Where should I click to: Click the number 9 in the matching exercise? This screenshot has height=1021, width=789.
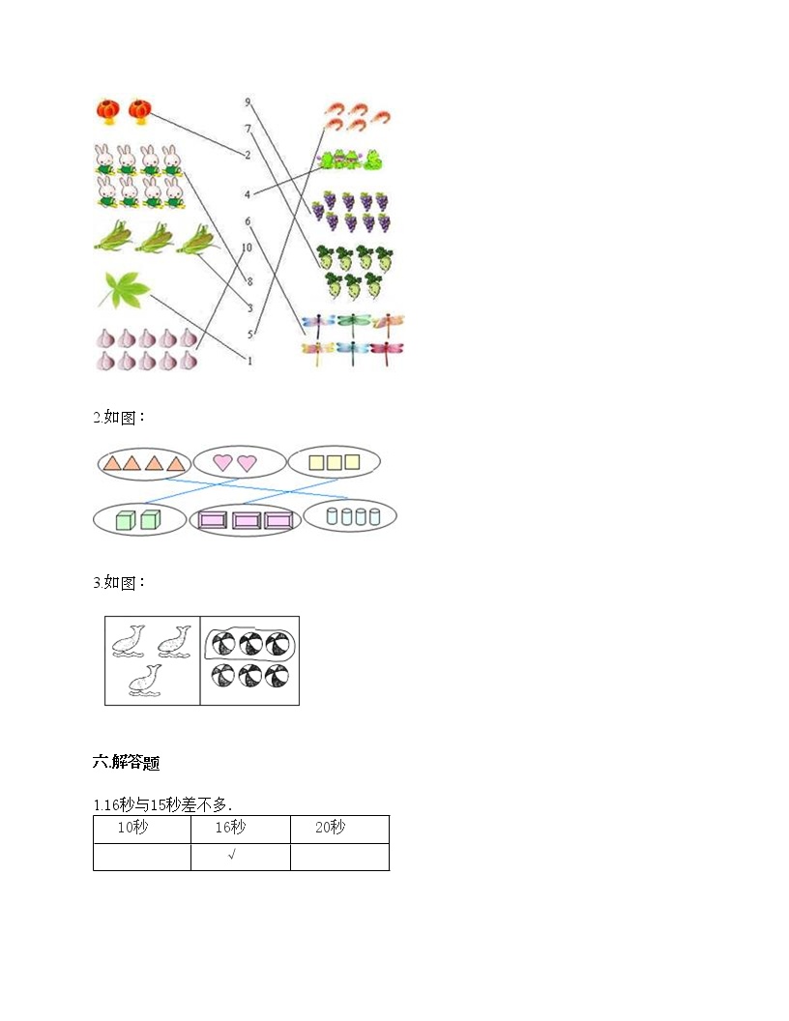click(x=248, y=102)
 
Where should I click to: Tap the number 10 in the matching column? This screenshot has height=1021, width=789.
click(x=246, y=248)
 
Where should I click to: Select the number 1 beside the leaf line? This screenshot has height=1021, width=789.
click(x=249, y=360)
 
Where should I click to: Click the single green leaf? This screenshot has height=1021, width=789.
click(x=124, y=290)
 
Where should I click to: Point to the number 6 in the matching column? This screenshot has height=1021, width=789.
click(x=248, y=221)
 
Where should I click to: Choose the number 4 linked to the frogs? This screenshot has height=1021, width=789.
click(x=248, y=194)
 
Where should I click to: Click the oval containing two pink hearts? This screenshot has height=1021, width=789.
click(x=240, y=462)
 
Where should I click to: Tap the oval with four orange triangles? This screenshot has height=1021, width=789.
click(x=144, y=464)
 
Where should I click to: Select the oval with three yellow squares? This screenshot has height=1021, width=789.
click(x=334, y=462)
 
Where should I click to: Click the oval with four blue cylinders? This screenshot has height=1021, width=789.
click(x=350, y=515)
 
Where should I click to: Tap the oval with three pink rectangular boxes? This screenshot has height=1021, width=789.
click(x=245, y=520)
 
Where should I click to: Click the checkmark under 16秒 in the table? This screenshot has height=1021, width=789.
click(x=232, y=855)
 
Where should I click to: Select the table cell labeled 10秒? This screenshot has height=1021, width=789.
click(x=142, y=830)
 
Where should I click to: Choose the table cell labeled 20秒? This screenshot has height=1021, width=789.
click(x=339, y=830)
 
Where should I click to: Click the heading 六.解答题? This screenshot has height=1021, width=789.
click(x=127, y=762)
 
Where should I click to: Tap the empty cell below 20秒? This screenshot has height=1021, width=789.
click(x=339, y=857)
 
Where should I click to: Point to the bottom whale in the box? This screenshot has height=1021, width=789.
click(x=144, y=681)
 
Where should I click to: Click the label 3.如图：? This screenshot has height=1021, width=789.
click(x=119, y=582)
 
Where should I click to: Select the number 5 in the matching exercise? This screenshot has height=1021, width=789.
click(x=250, y=334)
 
